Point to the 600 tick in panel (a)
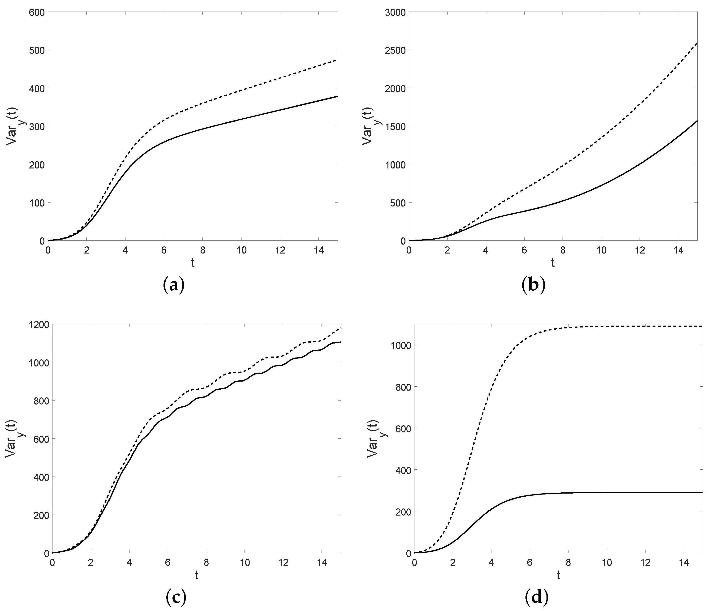coord(37,12)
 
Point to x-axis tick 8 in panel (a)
coord(203,250)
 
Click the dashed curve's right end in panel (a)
coord(337,60)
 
